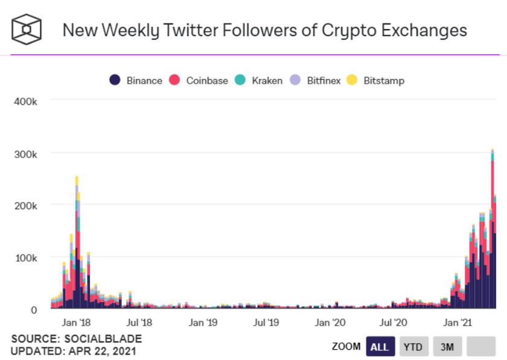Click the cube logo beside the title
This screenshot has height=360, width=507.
point(27,29)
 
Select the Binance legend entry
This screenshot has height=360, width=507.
point(136,80)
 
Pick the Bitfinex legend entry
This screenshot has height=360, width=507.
point(317,80)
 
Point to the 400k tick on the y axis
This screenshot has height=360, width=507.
point(25,101)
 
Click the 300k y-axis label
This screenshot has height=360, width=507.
point(25,154)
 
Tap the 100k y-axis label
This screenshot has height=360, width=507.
point(25,257)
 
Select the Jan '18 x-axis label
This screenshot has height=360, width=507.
point(77,323)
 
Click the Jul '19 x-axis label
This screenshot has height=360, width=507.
point(267,323)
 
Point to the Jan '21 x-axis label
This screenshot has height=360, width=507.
point(457,323)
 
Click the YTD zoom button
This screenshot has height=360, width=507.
point(413,347)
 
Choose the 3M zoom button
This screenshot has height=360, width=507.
point(447,347)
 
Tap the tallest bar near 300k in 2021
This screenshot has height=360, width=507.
point(493,229)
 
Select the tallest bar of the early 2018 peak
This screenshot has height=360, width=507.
point(77,241)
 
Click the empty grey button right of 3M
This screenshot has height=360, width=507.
point(481,347)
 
